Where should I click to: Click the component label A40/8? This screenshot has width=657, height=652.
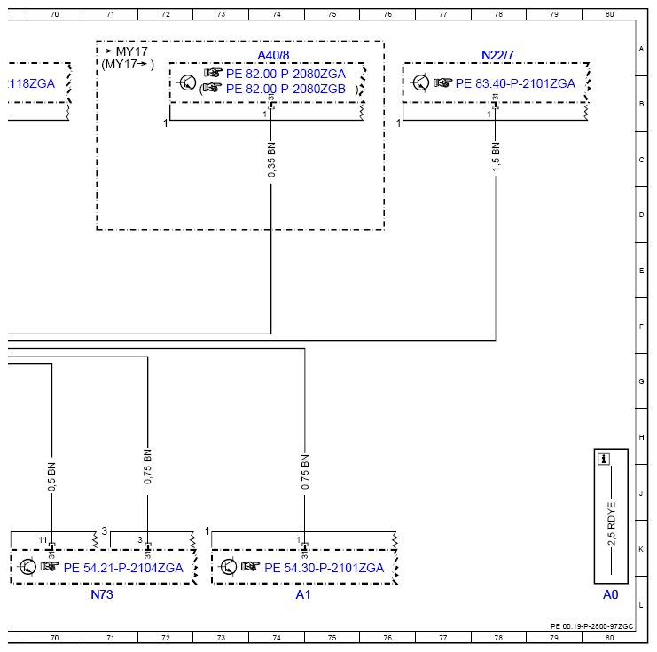tap(273, 55)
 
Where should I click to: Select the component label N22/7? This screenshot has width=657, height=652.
tap(497, 55)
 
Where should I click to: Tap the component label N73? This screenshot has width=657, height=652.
tap(102, 594)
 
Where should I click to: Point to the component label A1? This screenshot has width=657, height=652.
tap(303, 594)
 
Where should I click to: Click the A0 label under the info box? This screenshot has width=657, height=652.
tap(611, 594)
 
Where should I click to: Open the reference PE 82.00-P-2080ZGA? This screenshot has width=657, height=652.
tap(285, 74)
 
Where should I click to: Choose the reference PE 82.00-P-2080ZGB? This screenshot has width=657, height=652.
tap(285, 89)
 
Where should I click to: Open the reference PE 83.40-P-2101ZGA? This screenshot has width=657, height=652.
tap(515, 83)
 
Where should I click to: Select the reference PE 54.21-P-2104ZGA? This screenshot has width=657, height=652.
tap(123, 568)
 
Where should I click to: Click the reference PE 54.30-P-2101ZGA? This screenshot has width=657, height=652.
tap(324, 568)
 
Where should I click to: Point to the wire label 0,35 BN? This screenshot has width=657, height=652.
tap(271, 160)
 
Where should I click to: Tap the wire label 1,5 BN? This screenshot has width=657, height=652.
tap(496, 157)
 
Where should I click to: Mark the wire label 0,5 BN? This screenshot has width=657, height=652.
tap(51, 476)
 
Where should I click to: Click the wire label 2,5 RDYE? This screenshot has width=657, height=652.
tap(611, 523)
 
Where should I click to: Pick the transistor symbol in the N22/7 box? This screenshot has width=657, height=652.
tap(420, 82)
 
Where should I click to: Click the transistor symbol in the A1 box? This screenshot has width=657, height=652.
tap(229, 567)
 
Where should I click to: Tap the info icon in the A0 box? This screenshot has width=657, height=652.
tap(604, 460)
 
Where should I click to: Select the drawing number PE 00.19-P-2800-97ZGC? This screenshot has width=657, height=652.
tap(591, 626)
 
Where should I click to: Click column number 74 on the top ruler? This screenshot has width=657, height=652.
tap(277, 14)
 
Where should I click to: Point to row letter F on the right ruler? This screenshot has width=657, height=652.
tap(641, 326)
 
